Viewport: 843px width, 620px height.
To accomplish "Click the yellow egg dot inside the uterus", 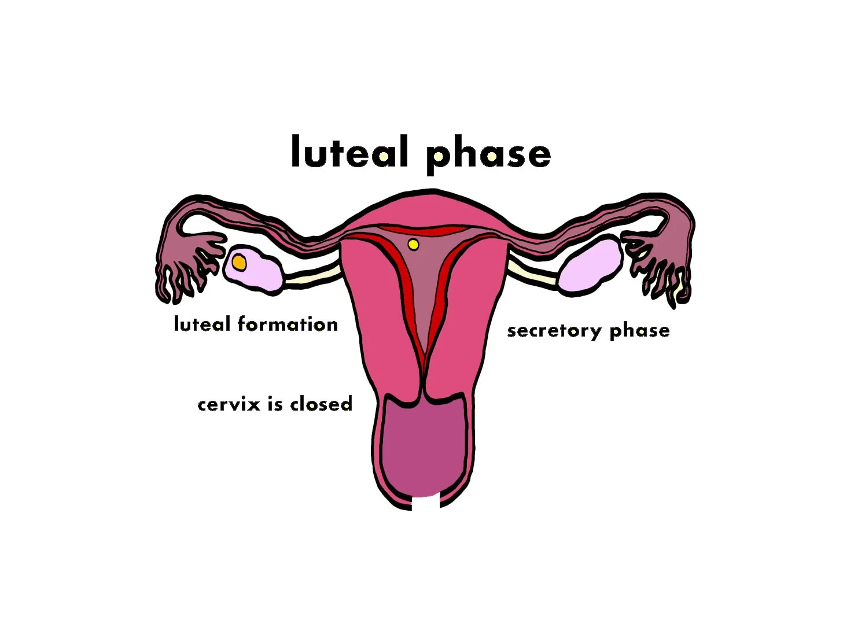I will [413, 245].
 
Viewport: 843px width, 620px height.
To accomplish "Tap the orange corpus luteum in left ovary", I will [239, 263].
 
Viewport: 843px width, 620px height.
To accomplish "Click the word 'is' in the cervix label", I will [275, 403].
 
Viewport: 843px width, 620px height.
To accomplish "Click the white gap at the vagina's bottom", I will [426, 503].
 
